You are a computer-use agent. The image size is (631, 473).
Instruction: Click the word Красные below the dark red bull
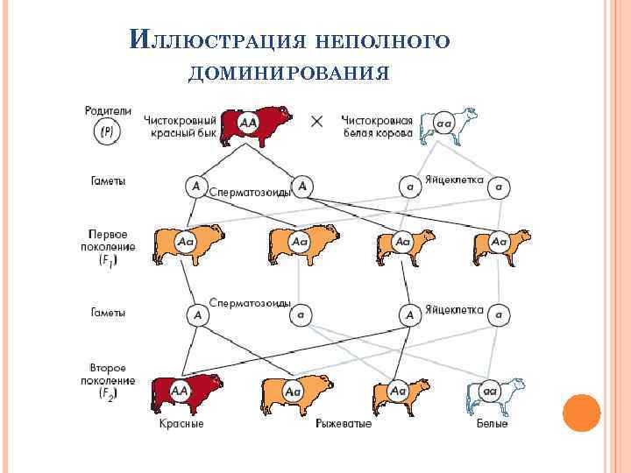(181, 424)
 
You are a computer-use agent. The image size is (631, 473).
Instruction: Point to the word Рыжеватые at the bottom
(343, 424)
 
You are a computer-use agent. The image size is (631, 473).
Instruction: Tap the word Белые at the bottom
(492, 424)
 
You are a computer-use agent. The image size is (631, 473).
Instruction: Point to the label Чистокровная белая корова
(378, 125)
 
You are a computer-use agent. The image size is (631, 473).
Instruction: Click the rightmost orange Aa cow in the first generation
(500, 245)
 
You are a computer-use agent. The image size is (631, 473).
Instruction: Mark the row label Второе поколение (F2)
(111, 381)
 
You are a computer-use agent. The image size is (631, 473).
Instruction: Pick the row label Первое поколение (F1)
(109, 247)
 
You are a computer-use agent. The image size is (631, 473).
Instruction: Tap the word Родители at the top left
(108, 110)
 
